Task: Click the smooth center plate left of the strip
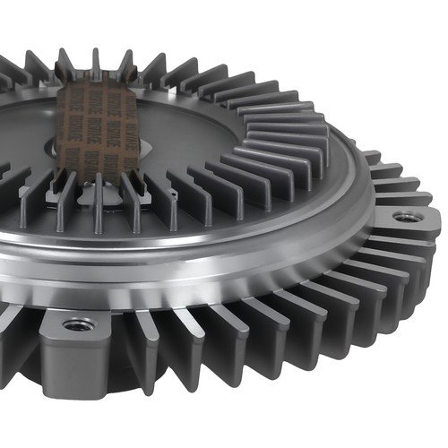pos(27,134)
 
